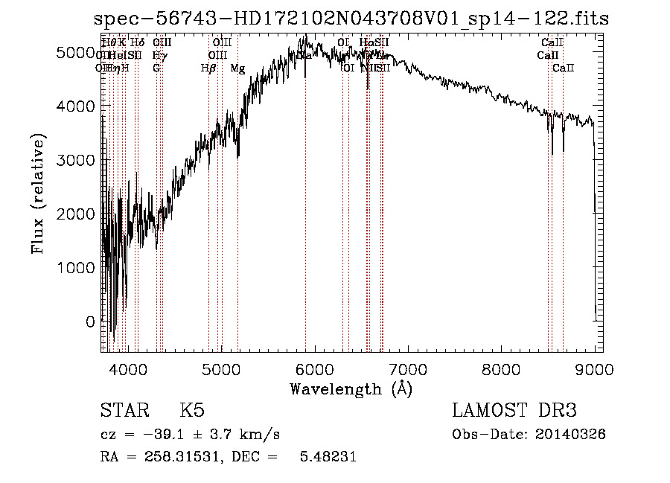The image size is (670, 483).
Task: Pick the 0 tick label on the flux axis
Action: pos(90,322)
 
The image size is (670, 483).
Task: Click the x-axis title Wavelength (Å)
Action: pos(351,388)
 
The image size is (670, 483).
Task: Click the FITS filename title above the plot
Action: pos(351,19)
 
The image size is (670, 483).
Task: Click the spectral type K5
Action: pos(192,412)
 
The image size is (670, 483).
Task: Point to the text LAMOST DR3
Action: pos(514,412)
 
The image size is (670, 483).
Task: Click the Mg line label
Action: pos(237,68)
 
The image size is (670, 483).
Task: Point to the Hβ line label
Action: pos(208,68)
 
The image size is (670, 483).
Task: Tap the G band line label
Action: pos(156,68)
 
